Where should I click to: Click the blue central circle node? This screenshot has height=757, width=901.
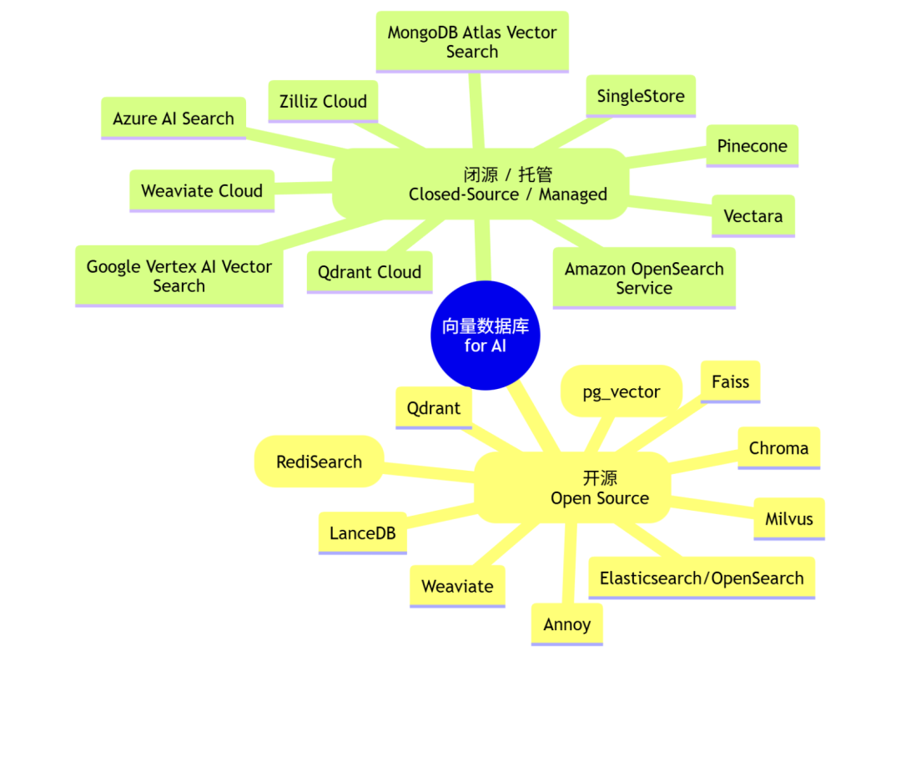(x=486, y=336)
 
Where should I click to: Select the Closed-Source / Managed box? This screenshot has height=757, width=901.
(x=481, y=184)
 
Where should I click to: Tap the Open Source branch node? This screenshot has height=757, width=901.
(x=572, y=488)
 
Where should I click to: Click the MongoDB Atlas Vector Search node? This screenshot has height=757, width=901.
(x=472, y=42)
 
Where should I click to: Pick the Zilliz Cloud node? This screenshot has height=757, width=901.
(x=323, y=102)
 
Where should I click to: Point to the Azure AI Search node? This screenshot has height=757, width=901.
(x=174, y=119)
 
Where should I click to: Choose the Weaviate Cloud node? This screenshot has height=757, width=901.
(x=202, y=191)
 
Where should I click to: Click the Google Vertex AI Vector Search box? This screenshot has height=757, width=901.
(x=179, y=276)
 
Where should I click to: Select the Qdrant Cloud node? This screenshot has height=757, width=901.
(x=370, y=272)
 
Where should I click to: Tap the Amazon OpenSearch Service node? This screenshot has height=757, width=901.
(x=644, y=278)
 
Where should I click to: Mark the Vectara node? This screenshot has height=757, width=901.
(x=753, y=216)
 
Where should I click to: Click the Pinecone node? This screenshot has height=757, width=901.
(x=753, y=146)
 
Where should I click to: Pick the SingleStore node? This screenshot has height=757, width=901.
(x=641, y=96)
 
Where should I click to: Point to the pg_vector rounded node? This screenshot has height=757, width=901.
(x=622, y=391)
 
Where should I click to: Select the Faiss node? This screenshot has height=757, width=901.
(x=731, y=382)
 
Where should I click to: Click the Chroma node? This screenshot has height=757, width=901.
(x=779, y=448)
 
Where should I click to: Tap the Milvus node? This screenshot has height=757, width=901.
(x=789, y=519)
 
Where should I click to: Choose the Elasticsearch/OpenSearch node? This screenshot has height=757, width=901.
(x=702, y=578)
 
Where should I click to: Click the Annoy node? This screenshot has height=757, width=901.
(x=567, y=625)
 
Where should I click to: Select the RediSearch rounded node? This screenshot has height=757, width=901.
(x=320, y=462)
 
